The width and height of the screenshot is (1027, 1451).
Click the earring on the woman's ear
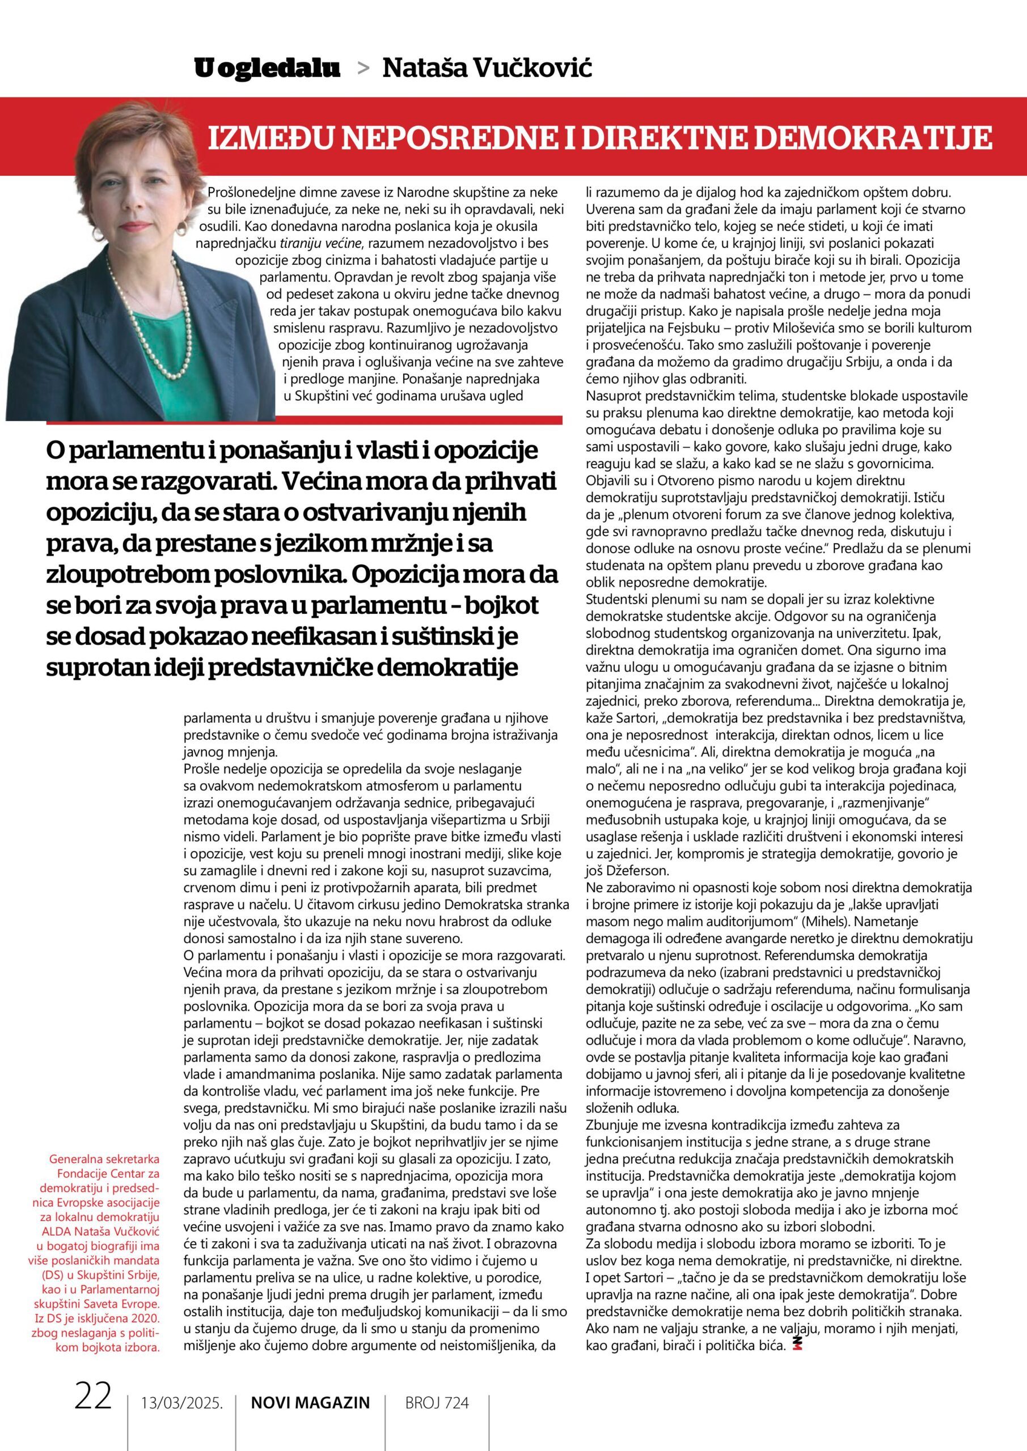coord(181,226)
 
